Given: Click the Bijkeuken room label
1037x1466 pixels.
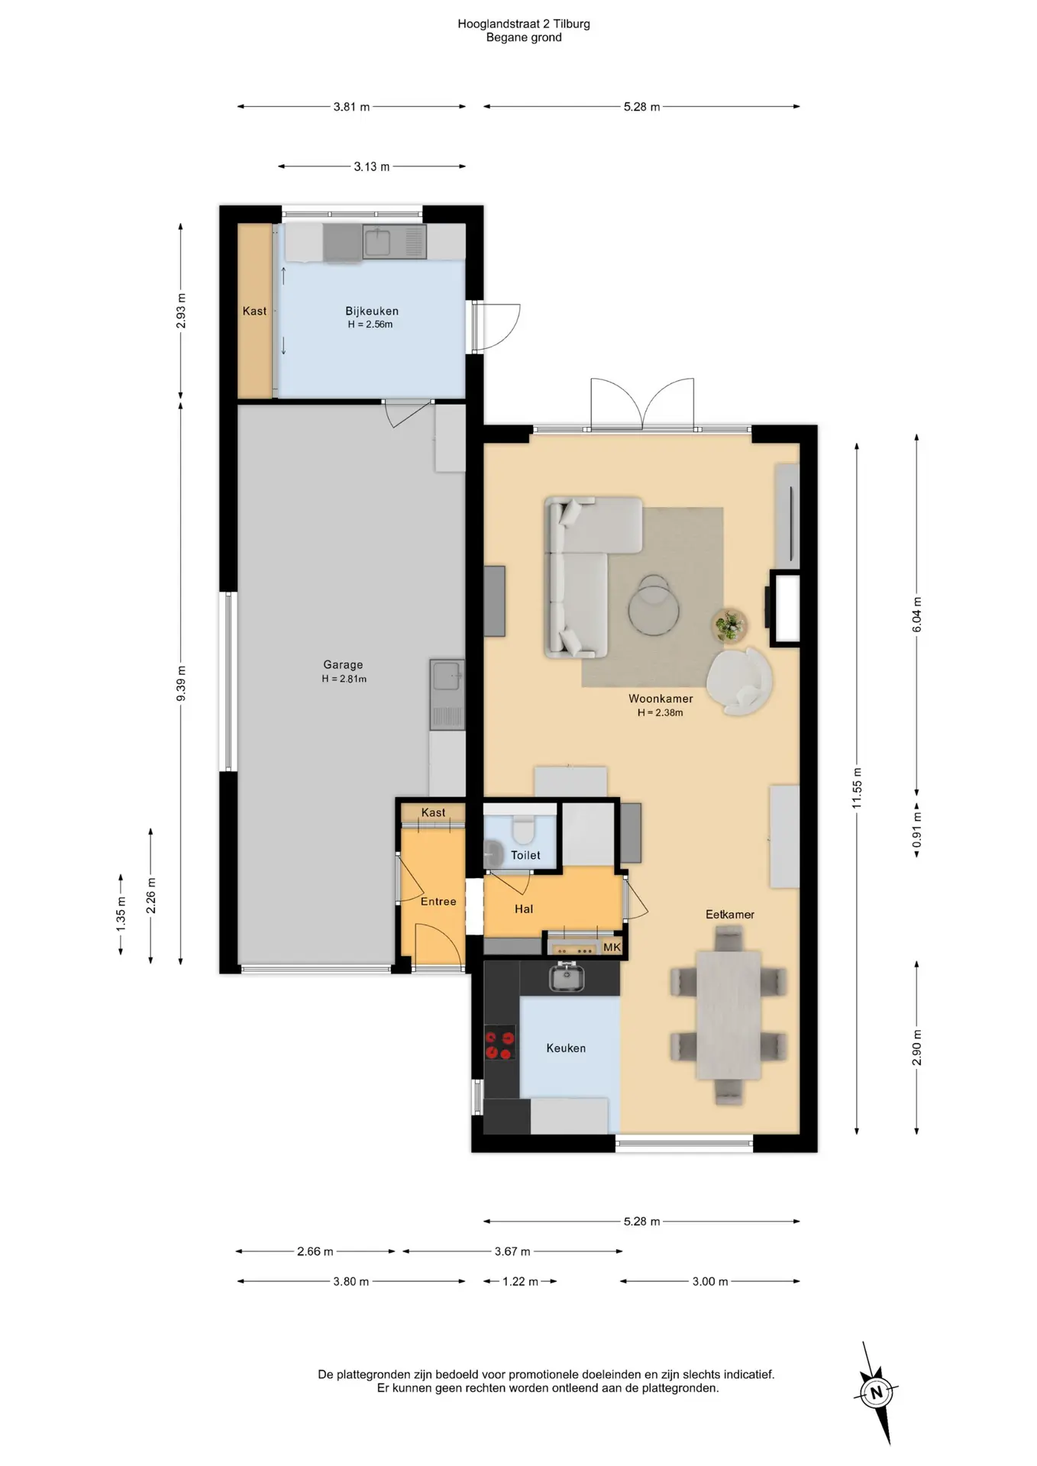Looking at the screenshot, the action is tap(372, 311).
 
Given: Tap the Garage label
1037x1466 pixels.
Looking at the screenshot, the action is tap(343, 665).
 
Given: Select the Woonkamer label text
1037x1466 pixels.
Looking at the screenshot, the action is tap(661, 699).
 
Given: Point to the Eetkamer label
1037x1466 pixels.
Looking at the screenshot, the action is tap(730, 914).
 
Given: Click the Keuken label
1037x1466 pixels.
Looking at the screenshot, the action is tap(566, 1048).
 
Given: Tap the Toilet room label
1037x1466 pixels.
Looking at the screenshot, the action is tap(525, 855).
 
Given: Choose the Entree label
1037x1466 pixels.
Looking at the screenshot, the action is tap(438, 902).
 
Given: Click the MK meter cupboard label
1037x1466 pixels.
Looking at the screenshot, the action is tap(612, 948).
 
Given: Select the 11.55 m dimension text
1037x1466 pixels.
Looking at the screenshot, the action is tap(857, 789).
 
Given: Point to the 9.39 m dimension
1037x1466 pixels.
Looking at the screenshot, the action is tap(181, 683).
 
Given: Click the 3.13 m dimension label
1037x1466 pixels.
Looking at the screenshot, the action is tap(371, 166).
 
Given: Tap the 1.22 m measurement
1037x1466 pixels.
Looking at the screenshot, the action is tap(520, 1281).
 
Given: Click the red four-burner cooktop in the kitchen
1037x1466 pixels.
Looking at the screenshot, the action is tap(501, 1045).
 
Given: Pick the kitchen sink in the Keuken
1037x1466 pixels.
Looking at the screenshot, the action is tap(566, 977).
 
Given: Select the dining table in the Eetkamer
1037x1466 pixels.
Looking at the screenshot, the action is tap(728, 1015).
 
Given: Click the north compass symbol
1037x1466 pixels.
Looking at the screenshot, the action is tap(876, 1392).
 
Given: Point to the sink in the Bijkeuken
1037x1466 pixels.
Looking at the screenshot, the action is tap(394, 243).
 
